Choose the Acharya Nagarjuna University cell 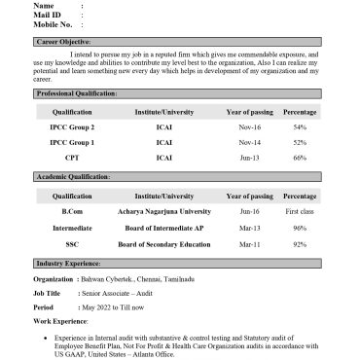164,211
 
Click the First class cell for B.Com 299,211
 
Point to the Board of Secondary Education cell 164,244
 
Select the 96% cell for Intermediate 299,228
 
